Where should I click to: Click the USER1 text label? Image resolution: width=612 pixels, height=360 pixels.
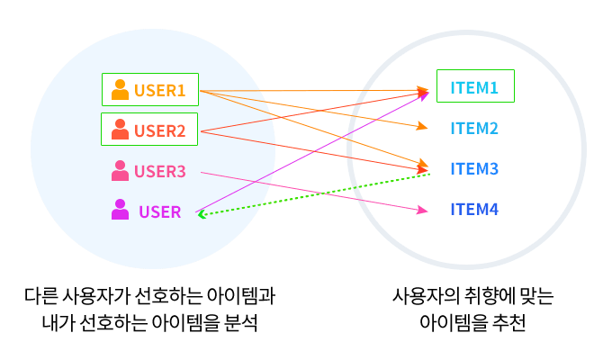[x=159, y=90]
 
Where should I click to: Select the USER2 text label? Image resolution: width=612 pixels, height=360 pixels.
[x=159, y=130]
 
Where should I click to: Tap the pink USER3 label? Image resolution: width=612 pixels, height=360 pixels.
[x=159, y=171]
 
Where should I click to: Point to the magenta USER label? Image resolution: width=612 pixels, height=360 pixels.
[x=159, y=212]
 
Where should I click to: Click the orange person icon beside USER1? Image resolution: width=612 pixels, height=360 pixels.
[x=120, y=90]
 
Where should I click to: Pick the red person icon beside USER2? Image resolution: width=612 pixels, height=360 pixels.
[x=120, y=130]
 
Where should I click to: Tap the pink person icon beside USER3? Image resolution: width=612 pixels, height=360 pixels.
[x=120, y=170]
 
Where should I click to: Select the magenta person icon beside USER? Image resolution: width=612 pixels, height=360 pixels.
[x=120, y=210]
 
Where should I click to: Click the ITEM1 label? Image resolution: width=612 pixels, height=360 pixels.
[x=474, y=87]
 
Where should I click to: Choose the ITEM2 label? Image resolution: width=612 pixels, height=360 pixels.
[x=474, y=129]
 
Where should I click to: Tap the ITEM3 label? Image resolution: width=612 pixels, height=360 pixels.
[x=474, y=168]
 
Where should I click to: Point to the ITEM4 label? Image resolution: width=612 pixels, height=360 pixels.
[x=474, y=210]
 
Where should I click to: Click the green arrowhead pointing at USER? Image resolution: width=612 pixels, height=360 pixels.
[x=202, y=214]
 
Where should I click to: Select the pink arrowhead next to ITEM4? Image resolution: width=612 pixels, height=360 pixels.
[x=422, y=211]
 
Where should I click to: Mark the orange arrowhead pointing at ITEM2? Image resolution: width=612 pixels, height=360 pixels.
[x=422, y=127]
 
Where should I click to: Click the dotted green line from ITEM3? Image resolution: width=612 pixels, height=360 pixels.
[x=315, y=194]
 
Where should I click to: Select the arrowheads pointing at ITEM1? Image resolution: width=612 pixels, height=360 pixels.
[x=423, y=91]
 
